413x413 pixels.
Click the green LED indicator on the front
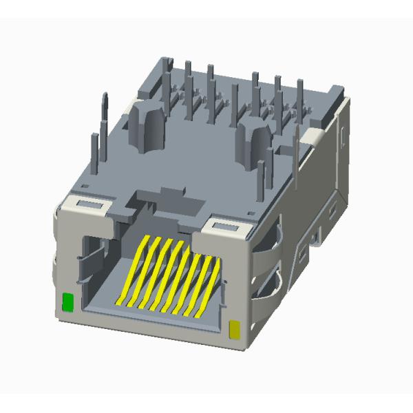67,302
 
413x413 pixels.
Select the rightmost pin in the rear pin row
300,96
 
